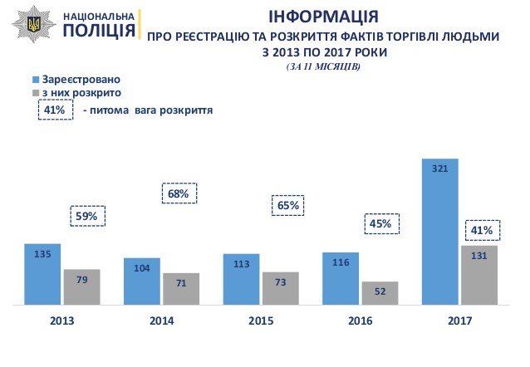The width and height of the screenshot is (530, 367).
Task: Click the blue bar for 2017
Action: (x=441, y=232)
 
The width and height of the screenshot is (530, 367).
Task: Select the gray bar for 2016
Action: (x=380, y=293)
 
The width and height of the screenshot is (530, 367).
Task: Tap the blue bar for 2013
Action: (x=43, y=274)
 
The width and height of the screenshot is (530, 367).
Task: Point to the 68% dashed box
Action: (x=179, y=194)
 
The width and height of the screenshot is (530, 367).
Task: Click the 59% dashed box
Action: (x=86, y=217)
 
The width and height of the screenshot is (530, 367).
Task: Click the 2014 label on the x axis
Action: (x=162, y=321)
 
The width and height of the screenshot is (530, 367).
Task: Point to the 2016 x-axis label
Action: (x=361, y=321)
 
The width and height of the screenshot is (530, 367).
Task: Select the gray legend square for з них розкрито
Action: (x=35, y=92)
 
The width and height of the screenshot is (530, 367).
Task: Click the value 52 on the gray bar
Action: (x=380, y=291)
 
